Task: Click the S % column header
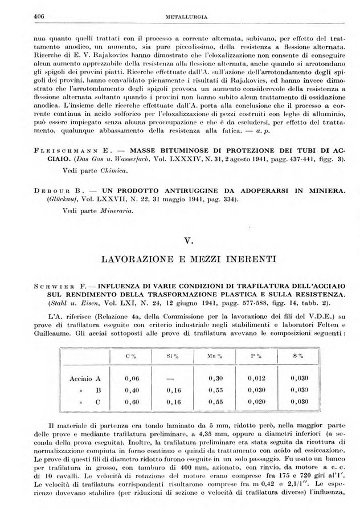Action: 297,356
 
